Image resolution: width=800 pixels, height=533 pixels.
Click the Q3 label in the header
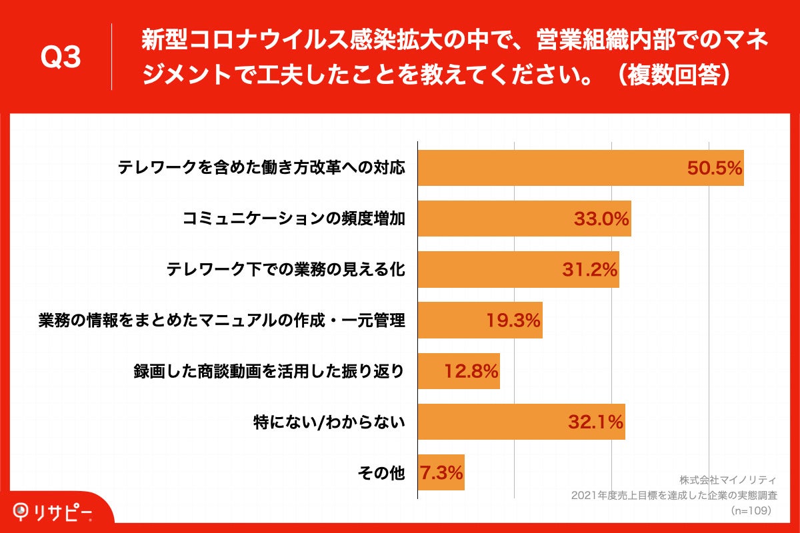tap(61, 58)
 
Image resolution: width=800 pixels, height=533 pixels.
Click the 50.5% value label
tap(715, 169)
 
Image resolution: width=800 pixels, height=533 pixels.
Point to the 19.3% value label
tap(513, 321)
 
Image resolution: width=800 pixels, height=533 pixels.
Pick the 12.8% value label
tap(471, 372)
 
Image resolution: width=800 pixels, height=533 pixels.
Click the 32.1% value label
tap(595, 422)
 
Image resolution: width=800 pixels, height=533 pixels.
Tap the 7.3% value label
tap(441, 473)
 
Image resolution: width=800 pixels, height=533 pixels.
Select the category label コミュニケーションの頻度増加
tap(294, 219)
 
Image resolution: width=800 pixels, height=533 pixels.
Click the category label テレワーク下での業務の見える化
tap(285, 270)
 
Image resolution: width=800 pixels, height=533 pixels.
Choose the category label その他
tap(381, 473)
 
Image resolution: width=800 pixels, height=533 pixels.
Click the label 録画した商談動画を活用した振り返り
tap(269, 372)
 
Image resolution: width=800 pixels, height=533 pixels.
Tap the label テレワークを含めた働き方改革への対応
tap(261, 169)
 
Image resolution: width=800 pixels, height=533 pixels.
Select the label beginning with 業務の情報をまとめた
tap(221, 321)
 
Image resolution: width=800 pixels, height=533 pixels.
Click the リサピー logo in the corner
tap(53, 512)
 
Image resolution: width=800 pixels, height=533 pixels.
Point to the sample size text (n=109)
tap(751, 510)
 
